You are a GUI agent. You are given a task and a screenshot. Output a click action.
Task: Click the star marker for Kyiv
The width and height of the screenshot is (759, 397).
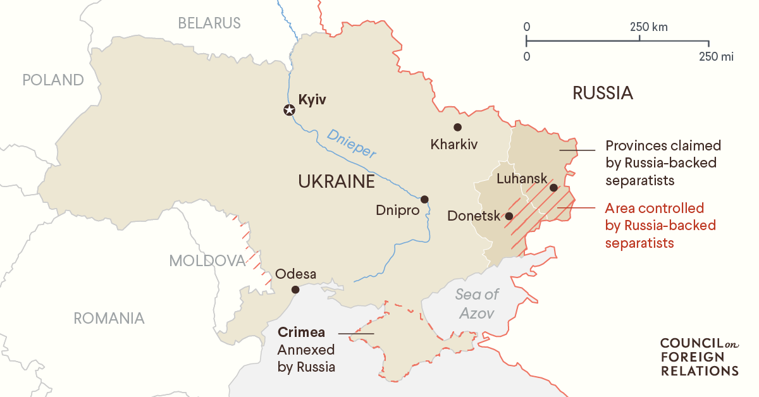tap(289, 111)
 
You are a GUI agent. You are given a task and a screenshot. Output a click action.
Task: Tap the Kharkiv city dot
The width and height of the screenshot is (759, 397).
tap(457, 127)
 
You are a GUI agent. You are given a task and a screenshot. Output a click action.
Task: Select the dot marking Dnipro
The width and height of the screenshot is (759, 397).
tap(424, 198)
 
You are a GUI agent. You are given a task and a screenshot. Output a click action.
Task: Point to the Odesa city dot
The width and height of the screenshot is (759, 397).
tap(295, 290)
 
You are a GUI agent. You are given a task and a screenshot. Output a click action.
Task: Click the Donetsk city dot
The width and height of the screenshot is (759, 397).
tap(509, 216)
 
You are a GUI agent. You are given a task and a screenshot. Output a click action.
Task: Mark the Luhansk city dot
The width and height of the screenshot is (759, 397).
tap(553, 188)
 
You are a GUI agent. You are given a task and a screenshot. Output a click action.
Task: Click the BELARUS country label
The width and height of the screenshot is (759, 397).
tap(209, 23)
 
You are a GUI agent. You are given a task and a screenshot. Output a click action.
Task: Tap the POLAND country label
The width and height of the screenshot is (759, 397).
tap(53, 80)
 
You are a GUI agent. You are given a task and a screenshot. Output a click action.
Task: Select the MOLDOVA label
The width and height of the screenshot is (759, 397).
tap(207, 261)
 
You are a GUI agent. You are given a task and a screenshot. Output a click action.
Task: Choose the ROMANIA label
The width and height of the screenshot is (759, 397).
tap(109, 318)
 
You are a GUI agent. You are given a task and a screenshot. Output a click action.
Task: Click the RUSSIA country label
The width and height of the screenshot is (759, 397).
tap(602, 94)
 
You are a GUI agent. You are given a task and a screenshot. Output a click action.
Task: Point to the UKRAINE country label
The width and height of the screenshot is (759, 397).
tap(336, 182)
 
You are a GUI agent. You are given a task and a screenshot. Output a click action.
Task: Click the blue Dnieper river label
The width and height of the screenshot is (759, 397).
tap(352, 143)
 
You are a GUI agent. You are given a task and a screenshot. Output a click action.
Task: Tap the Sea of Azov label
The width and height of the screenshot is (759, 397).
tap(478, 303)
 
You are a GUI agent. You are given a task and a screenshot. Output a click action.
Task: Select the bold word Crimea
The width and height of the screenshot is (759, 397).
tap(301, 333)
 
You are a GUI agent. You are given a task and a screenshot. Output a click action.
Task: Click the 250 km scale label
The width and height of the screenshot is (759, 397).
tap(648, 28)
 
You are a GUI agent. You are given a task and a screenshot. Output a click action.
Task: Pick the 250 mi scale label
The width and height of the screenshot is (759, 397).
tap(716, 57)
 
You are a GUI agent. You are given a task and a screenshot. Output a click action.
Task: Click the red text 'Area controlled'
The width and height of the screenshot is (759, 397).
tap(654, 208)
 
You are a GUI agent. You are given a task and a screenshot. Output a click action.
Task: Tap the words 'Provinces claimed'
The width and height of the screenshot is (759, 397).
tap(663, 145)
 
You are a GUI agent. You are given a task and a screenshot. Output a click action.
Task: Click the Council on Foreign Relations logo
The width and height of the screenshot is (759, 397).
tap(698, 357)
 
